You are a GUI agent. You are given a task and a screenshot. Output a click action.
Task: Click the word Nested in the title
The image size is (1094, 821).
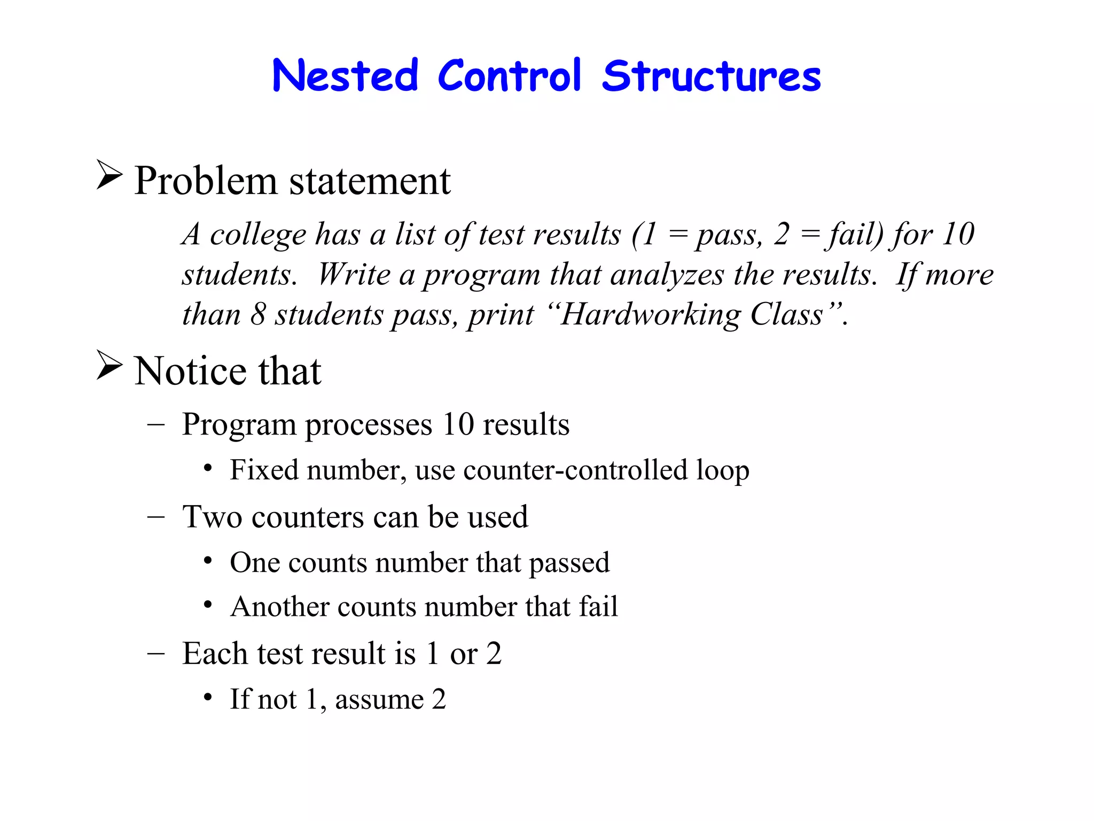(x=345, y=76)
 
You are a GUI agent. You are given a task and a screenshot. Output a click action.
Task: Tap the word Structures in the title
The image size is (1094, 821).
(x=711, y=76)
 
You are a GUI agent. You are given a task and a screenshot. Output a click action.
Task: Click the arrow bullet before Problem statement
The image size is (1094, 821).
(x=109, y=175)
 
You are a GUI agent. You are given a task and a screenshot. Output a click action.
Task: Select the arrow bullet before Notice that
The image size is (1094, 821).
(x=109, y=365)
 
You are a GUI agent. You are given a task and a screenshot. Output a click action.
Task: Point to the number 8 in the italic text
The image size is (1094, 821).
(x=258, y=314)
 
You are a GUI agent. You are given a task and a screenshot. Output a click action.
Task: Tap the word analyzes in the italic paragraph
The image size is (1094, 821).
(x=667, y=275)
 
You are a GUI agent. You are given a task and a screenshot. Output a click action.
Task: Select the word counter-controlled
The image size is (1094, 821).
(x=575, y=470)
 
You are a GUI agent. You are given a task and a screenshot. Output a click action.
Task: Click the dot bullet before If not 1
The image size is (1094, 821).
(x=208, y=698)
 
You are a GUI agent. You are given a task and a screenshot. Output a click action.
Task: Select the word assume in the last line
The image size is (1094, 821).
(x=379, y=700)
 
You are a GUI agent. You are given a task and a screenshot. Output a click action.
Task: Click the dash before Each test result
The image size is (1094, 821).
(x=155, y=654)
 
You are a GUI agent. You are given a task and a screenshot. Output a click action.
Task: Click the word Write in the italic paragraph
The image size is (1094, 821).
(x=354, y=275)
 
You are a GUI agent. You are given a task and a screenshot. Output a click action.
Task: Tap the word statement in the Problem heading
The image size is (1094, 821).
(x=370, y=181)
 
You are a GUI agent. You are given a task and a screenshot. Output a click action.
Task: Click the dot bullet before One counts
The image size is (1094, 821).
(x=208, y=561)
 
